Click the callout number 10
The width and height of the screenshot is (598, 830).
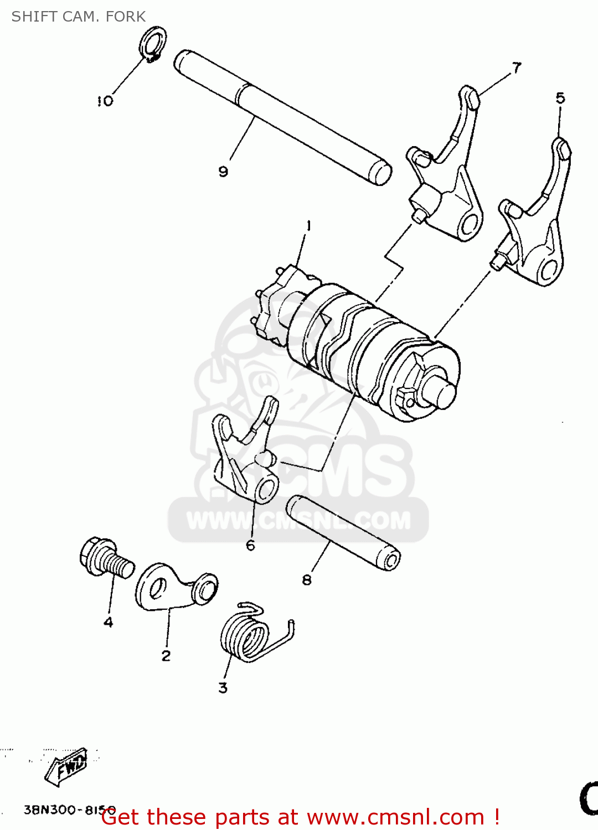[105, 101]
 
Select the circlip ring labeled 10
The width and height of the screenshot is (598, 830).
[153, 43]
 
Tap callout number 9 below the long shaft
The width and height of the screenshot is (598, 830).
[223, 172]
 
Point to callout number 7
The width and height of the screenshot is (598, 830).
[517, 68]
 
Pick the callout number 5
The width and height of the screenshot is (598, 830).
[560, 98]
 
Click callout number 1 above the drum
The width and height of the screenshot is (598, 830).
[308, 226]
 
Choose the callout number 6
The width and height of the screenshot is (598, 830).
[250, 546]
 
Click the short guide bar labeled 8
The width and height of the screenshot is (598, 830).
[343, 532]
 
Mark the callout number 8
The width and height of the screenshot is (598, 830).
[307, 580]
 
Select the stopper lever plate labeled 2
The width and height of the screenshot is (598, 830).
[172, 588]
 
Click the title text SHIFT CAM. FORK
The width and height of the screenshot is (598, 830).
[79, 17]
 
